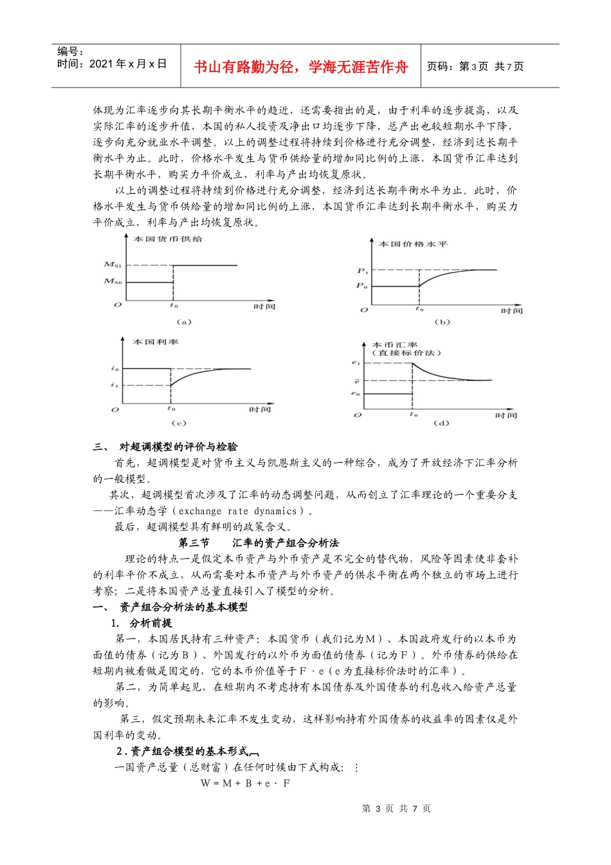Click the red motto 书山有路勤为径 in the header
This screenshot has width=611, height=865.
[x=300, y=67]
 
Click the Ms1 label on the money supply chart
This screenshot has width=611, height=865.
[x=113, y=265]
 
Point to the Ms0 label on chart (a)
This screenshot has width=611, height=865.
[x=113, y=281]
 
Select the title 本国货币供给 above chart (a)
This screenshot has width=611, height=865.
[x=167, y=239]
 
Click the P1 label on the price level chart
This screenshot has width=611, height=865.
[x=363, y=270]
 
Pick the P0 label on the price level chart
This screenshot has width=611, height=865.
[x=363, y=286]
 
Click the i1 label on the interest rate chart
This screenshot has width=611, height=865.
[x=114, y=385]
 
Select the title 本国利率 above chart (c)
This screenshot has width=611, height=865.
[x=155, y=342]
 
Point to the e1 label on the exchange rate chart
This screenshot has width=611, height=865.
[x=356, y=363]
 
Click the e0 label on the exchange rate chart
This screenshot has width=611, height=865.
[x=356, y=393]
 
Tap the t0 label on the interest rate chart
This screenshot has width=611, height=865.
[x=171, y=408]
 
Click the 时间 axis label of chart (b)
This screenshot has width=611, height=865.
[x=512, y=311]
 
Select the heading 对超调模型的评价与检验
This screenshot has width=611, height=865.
[x=178, y=447]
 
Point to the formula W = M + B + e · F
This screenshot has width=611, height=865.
[x=245, y=783]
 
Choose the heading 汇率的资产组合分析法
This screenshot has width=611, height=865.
[x=285, y=543]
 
